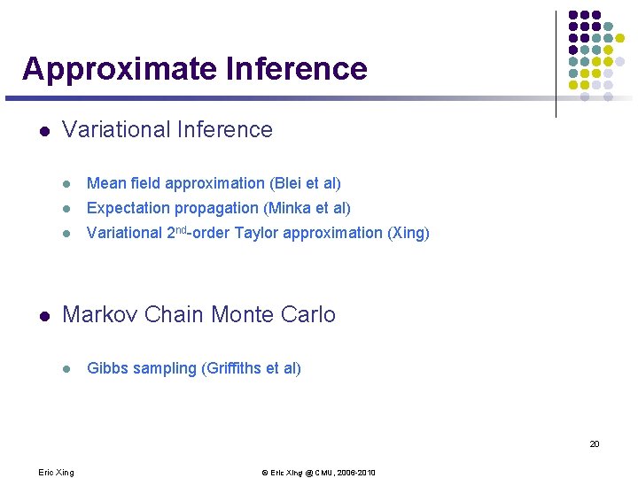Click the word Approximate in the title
pyautogui.click(x=120, y=69)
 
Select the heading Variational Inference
pyautogui.click(x=167, y=130)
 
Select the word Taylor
pyautogui.click(x=255, y=233)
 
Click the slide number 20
pyautogui.click(x=595, y=443)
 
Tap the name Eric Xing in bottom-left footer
pyautogui.click(x=56, y=473)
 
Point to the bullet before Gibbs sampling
pyautogui.click(x=66, y=369)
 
